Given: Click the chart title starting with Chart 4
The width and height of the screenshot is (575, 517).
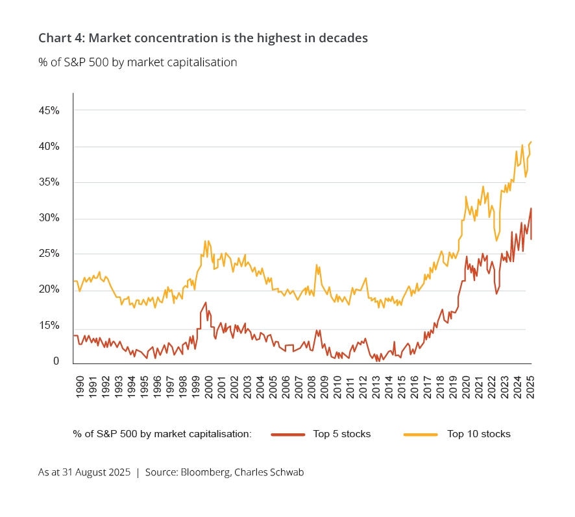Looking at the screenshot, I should point(202,38).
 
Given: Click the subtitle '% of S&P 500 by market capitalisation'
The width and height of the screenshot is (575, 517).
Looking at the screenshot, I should point(138,62).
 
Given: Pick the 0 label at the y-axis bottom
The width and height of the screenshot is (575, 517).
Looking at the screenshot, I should point(56,361).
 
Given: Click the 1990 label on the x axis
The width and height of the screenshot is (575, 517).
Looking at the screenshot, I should point(79,385).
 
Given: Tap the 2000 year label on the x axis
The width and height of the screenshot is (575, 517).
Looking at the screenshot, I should point(208,385).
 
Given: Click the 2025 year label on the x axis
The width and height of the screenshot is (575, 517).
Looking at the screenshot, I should point(530,385).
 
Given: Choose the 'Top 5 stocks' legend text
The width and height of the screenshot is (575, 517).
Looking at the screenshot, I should point(341,434).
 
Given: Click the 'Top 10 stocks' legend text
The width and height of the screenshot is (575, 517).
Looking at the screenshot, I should point(478,434).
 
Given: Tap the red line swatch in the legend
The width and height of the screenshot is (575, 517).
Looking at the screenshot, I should point(287,434).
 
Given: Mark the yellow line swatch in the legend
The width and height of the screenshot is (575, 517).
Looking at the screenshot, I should point(421,434).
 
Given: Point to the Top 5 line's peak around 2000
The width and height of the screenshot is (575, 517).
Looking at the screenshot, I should point(206,302).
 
